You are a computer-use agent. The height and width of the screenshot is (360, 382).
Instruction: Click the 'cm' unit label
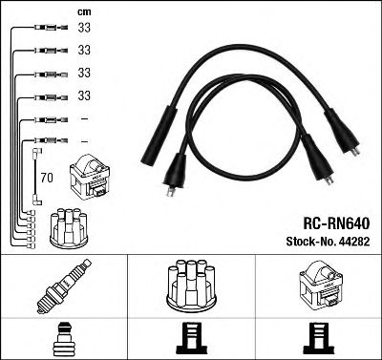[x=84, y=12]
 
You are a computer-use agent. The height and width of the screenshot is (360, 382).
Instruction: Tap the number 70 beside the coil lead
[x=47, y=178]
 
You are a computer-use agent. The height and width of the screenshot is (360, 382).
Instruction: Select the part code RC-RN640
[x=336, y=223]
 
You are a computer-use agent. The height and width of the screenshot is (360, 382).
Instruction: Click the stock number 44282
[x=354, y=242]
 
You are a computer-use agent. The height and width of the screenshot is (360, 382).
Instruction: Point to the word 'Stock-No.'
[x=310, y=242]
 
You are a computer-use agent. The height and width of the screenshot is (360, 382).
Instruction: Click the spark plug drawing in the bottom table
[x=64, y=286]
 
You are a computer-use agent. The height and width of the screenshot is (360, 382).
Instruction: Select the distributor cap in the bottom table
[x=191, y=286]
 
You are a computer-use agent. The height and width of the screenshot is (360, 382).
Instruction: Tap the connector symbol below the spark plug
[x=64, y=339]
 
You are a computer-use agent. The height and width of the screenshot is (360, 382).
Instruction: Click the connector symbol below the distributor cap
[x=191, y=339]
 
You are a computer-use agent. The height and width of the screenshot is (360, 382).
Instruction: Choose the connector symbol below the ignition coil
[x=318, y=339]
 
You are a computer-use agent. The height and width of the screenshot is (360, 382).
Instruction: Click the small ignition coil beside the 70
[x=90, y=177]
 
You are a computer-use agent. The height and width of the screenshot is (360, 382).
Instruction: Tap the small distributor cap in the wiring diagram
[x=69, y=228]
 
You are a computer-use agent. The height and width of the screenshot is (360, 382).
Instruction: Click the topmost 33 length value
[x=84, y=28]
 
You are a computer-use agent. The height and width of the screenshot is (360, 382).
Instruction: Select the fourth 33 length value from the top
[x=84, y=95]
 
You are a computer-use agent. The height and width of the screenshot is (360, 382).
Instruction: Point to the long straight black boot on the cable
[x=159, y=136]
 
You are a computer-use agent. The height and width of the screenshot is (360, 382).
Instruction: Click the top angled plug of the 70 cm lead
[x=38, y=153]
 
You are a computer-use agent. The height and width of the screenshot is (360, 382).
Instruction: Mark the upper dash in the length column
[x=84, y=119]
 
